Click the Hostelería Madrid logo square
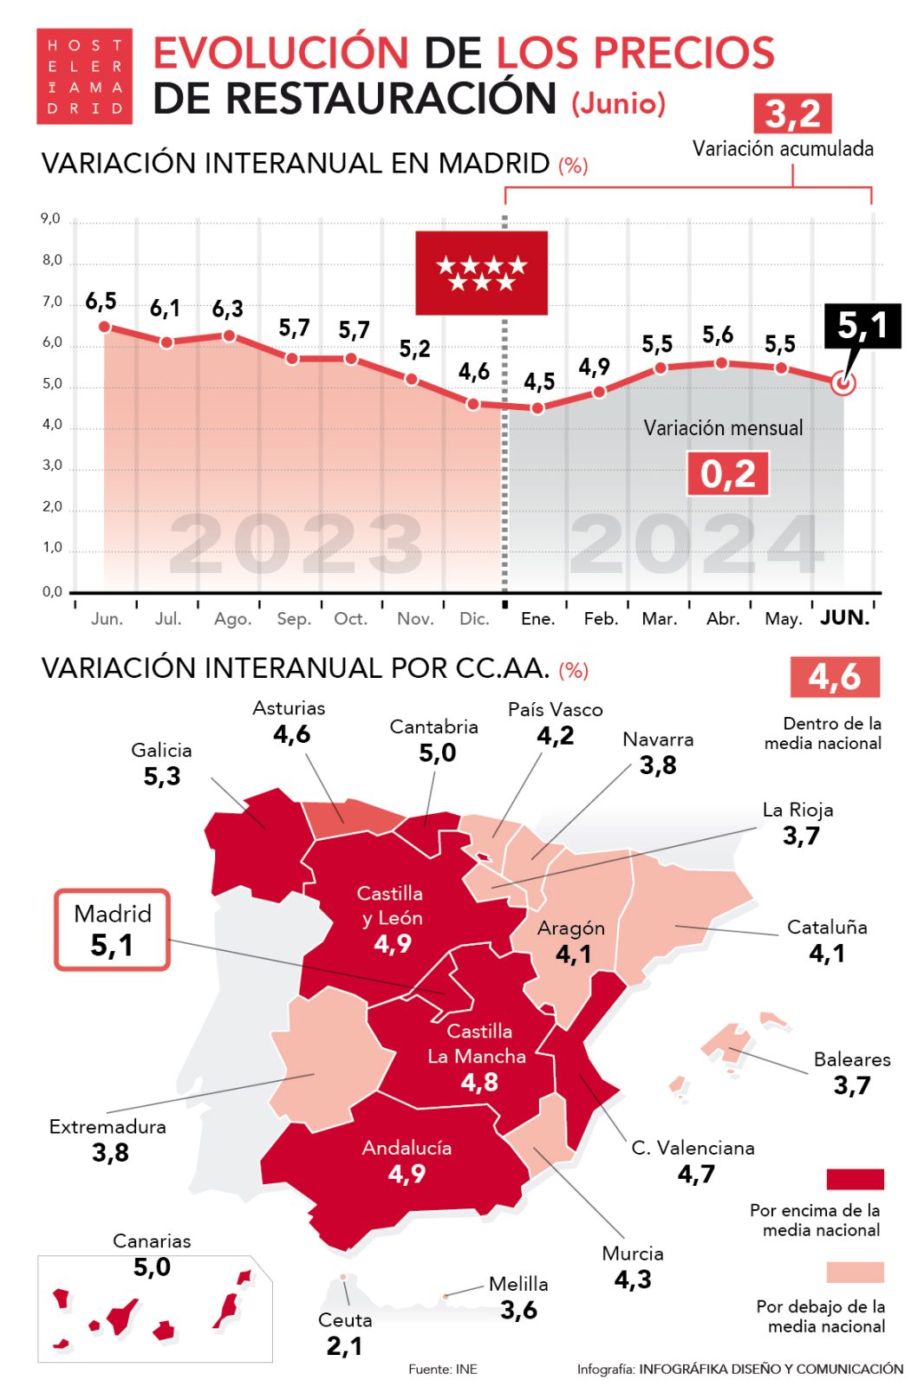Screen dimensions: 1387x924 click(84, 76)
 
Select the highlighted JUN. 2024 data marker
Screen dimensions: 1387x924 click(843, 381)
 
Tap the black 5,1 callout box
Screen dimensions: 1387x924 click(862, 326)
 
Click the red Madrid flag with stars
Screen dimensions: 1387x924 click(481, 272)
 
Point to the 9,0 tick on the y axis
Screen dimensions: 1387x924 click(51, 219)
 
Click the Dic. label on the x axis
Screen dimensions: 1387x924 click(474, 619)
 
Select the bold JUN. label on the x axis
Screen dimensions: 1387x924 click(844, 618)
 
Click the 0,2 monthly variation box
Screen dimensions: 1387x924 click(727, 474)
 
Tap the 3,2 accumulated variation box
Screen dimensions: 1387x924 click(792, 114)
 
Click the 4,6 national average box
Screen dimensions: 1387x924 click(834, 676)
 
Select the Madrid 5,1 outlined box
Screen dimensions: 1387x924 click(113, 929)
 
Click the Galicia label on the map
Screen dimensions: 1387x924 click(161, 751)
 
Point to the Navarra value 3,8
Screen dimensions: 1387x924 click(658, 765)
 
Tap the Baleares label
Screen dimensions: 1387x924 click(851, 1059)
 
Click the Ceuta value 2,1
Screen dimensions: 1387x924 click(344, 1346)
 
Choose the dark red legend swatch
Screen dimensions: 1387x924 click(855, 1179)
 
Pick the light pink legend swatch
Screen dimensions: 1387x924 click(855, 1272)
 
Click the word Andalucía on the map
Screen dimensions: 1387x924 click(407, 1148)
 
